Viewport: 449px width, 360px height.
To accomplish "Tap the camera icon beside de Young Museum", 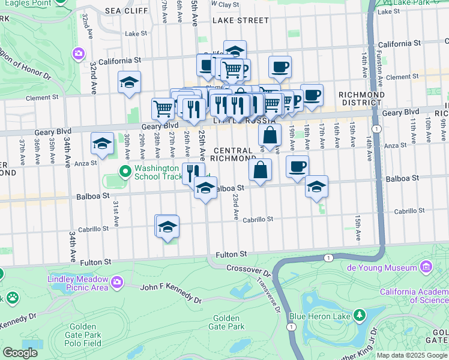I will (x=426, y=266).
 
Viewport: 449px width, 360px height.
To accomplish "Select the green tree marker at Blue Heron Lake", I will (x=360, y=314).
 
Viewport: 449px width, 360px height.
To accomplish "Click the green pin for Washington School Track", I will (x=125, y=173).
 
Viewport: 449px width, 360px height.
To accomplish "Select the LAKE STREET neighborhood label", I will (x=241, y=20).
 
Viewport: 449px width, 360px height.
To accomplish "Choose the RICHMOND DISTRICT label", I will (x=361, y=99).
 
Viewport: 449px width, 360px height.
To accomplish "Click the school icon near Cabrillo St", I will (x=167, y=226).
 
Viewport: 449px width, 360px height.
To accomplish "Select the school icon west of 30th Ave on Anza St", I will (x=102, y=144).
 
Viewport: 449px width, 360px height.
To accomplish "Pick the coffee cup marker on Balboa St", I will (x=297, y=166).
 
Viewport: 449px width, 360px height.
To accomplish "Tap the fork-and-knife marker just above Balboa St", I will (x=193, y=173).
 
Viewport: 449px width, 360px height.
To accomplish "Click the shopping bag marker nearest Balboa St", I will (x=260, y=170).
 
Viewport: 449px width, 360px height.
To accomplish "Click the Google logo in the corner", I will (x=20, y=353).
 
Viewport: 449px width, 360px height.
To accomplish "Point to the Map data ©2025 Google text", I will (x=412, y=355).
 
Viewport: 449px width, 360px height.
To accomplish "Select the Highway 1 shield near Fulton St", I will (x=328, y=257).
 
